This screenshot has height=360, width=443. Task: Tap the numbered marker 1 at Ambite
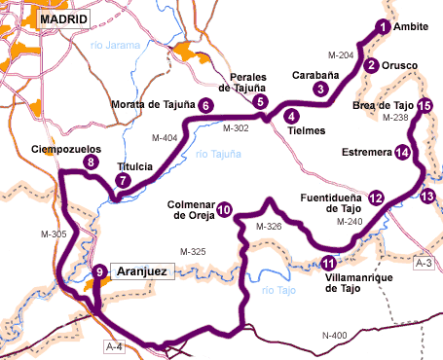(x=383, y=27)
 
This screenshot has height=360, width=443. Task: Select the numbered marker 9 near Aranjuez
(x=98, y=271)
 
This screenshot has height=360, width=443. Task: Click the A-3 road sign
(x=424, y=263)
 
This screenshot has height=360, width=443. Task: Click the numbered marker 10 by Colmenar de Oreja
(x=224, y=208)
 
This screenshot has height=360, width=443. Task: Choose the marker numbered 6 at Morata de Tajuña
(x=205, y=105)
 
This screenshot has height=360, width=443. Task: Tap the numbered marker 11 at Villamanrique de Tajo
(x=329, y=263)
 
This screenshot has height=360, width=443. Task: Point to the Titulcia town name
(x=135, y=166)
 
